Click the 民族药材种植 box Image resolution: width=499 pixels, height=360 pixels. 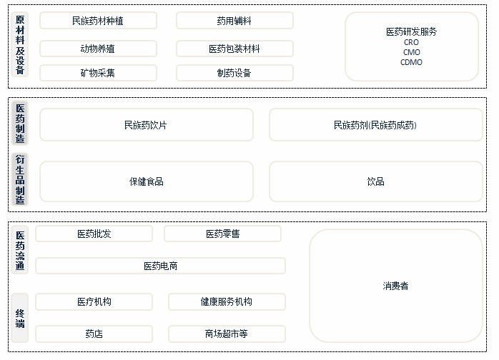[x=98, y=21]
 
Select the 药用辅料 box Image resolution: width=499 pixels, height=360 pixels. [x=234, y=21]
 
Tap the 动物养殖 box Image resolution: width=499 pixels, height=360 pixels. [x=98, y=49]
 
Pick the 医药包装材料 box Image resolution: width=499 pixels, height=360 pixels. [x=234, y=49]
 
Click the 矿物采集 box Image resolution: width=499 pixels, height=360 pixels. [x=98, y=73]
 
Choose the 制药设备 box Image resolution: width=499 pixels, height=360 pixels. [x=234, y=73]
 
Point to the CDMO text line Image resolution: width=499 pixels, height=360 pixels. [x=412, y=62]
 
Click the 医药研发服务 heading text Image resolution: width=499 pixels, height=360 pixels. [x=412, y=31]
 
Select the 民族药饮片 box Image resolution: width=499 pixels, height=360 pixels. [x=146, y=125]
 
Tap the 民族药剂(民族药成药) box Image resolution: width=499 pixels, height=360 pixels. [x=375, y=125]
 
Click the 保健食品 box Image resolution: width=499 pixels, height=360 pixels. [x=146, y=181]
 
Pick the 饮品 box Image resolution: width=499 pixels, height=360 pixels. [x=375, y=181]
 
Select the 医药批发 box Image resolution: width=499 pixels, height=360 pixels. [x=94, y=234]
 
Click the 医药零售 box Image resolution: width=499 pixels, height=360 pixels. [x=223, y=234]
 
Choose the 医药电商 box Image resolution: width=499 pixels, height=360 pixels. [x=160, y=266]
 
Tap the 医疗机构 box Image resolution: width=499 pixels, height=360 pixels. [x=94, y=301]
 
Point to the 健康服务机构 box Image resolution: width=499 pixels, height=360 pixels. [x=227, y=301]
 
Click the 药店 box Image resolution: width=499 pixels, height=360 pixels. [x=94, y=334]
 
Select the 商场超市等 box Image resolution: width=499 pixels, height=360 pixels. [x=227, y=334]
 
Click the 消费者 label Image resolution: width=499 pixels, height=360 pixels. [x=395, y=286]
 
